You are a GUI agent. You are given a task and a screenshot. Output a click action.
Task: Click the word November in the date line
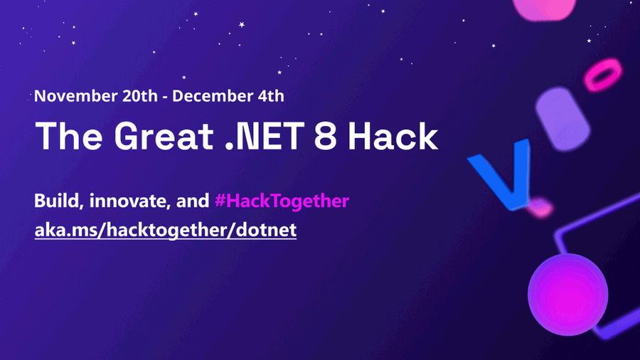click(x=75, y=96)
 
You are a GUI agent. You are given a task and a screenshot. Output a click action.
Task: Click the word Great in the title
click(x=164, y=136)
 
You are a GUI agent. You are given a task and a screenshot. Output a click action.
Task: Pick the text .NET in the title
click(x=265, y=136)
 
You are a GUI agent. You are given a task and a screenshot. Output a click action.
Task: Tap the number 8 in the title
click(x=325, y=136)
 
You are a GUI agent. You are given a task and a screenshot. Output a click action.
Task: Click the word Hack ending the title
click(x=393, y=136)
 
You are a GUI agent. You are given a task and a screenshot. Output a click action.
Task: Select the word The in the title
click(x=69, y=136)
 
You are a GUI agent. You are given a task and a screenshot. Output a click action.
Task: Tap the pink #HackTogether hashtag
click(x=282, y=201)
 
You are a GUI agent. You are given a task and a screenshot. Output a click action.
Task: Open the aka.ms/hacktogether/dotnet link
click(x=165, y=230)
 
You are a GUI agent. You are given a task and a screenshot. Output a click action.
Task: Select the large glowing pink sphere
click(x=567, y=295)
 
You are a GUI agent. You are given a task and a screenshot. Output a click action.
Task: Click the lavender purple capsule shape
click(x=563, y=119)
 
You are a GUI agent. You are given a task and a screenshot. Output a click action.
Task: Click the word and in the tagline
click(x=193, y=201)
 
